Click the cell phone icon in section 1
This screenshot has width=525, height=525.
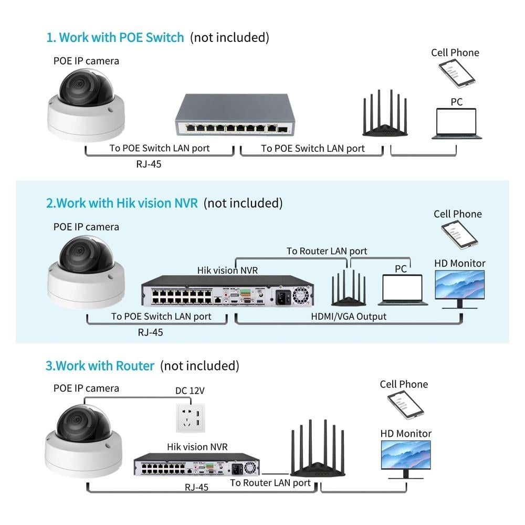coord(457,73)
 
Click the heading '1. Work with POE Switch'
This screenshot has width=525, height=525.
coord(115,37)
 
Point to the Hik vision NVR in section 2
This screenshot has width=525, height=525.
coord(227,291)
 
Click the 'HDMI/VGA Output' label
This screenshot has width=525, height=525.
coord(349,317)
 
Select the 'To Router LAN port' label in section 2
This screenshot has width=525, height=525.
coord(327,251)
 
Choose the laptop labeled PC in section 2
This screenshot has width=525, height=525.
coord(402,290)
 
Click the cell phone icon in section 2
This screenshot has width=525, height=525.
coord(459,234)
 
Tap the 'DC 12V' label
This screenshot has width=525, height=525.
coord(190,391)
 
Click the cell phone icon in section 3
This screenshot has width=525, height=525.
coord(405,404)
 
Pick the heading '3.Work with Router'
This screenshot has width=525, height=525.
coord(100,365)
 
